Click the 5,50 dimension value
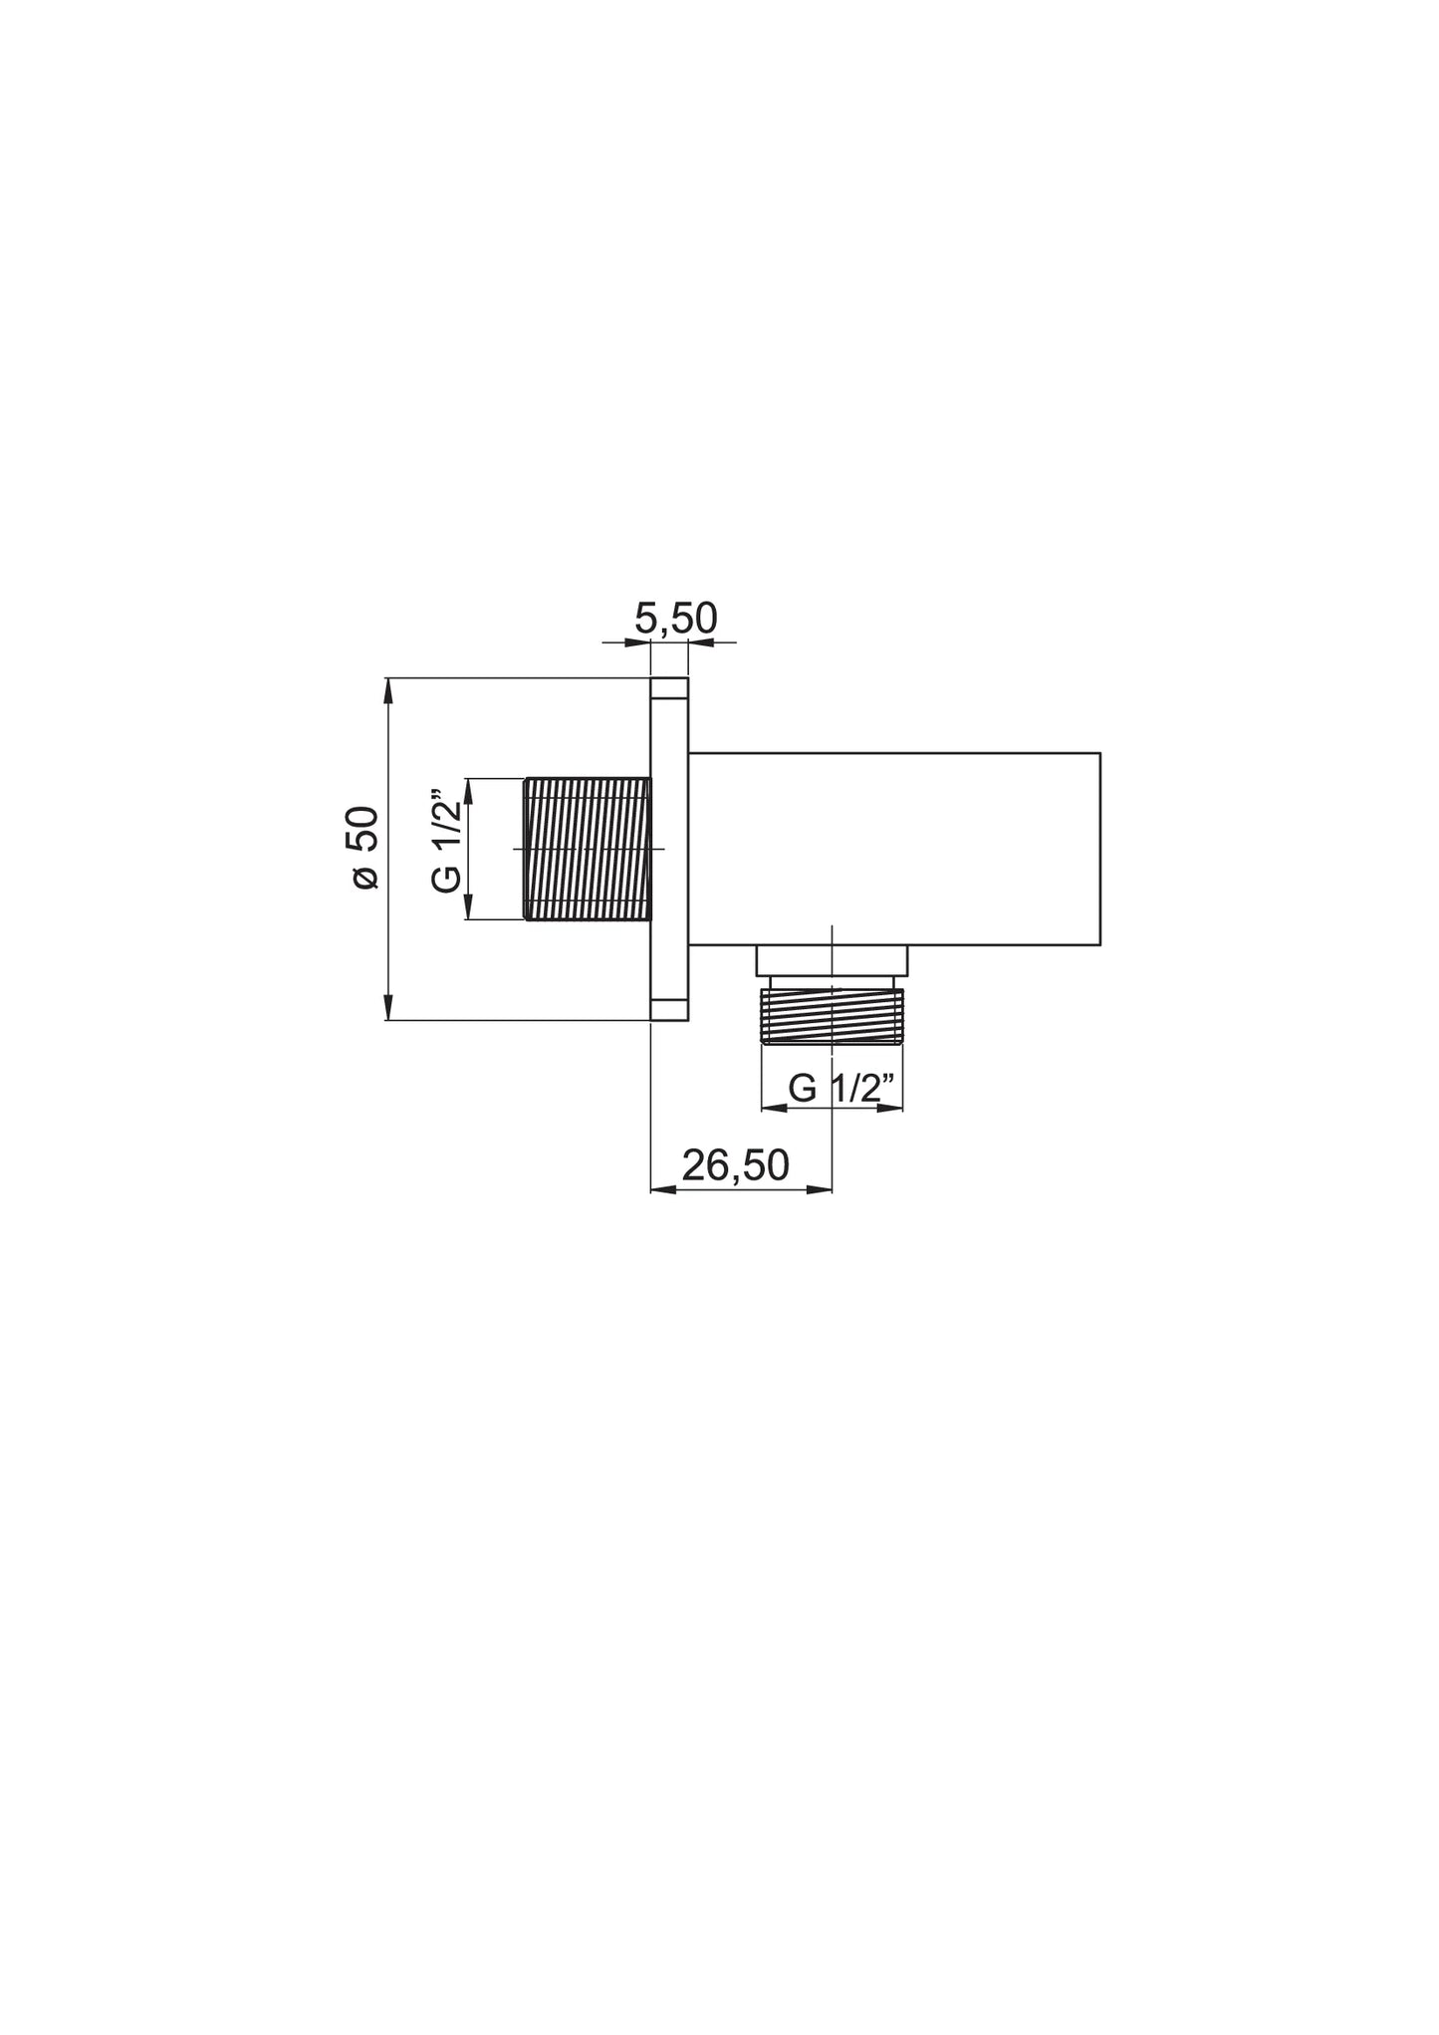(676, 619)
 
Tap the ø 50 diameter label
(365, 848)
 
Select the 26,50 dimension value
(736, 1165)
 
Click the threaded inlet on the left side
(587, 849)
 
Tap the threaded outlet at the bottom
(832, 1015)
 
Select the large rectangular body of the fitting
(894, 849)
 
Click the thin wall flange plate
(669, 849)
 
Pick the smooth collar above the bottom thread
(832, 960)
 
